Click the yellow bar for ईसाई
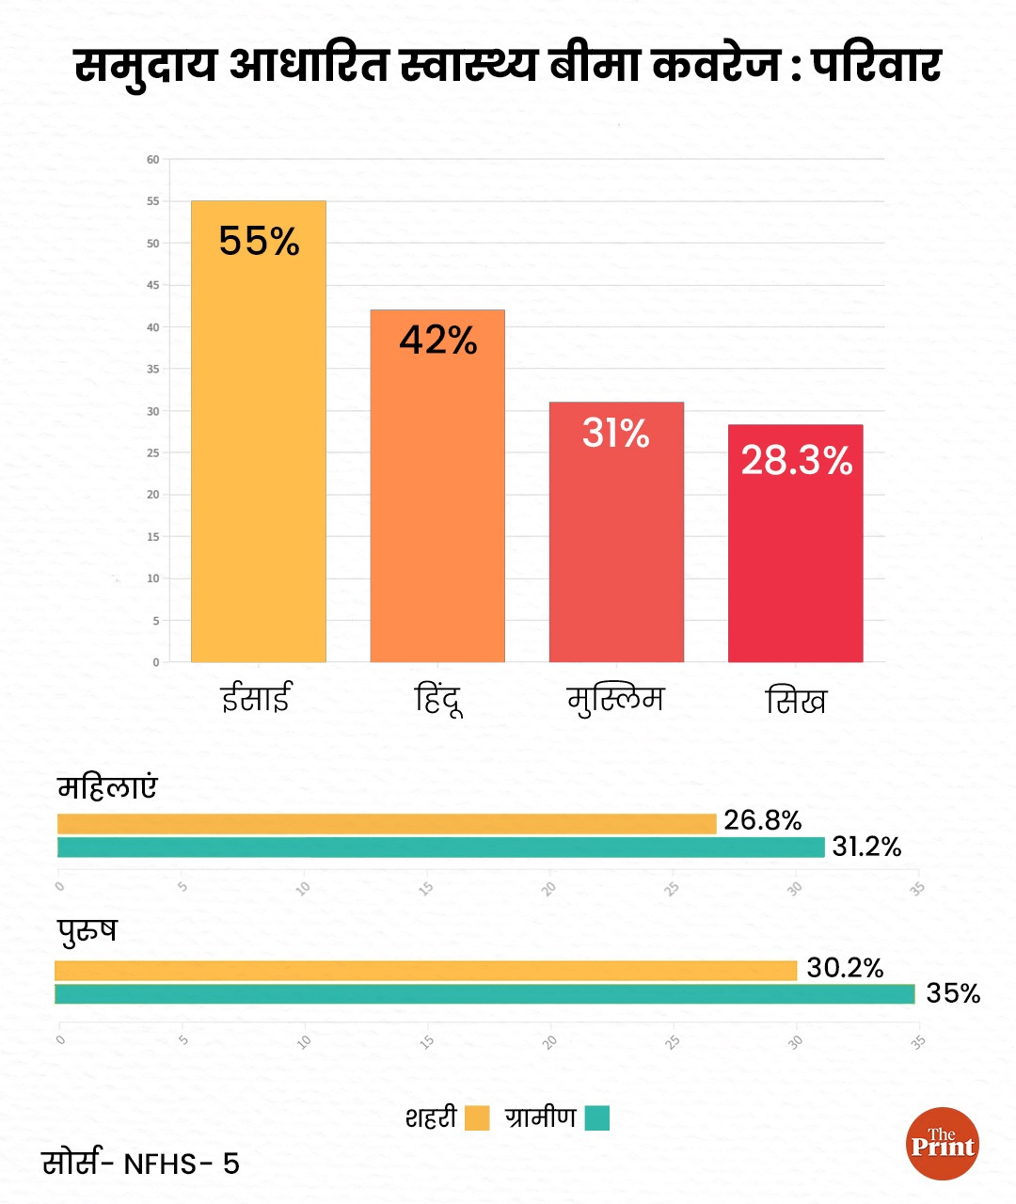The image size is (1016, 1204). [259, 442]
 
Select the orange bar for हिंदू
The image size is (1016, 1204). [437, 499]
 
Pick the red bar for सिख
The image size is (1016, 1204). [795, 555]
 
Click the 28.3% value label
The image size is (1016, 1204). [796, 460]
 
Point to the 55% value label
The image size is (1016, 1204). [259, 241]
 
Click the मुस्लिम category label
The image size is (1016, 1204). [615, 700]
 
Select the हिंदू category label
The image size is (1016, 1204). [438, 700]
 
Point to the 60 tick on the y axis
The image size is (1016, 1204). [153, 160]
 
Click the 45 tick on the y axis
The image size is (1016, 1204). [153, 285]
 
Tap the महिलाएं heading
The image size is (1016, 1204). [107, 786]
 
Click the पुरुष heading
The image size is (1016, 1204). [87, 931]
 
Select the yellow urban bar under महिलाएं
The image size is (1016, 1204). [387, 824]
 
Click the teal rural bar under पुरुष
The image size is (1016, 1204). [484, 994]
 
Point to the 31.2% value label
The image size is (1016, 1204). [866, 847]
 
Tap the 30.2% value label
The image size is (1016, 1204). [845, 968]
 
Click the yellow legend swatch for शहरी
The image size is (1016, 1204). [477, 1118]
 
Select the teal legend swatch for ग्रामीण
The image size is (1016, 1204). [597, 1118]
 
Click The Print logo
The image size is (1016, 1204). [943, 1144]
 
